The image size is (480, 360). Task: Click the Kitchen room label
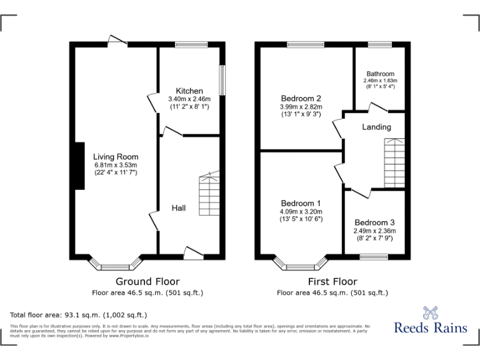coord(189,91)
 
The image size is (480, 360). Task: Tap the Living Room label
coord(116,157)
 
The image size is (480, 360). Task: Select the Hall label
coord(179,208)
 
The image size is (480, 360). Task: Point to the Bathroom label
coord(380,74)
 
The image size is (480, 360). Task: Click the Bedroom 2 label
coord(301,98)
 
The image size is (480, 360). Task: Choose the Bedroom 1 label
coord(301,204)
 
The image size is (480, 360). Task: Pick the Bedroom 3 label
coord(374,222)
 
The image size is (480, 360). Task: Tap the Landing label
coord(376,127)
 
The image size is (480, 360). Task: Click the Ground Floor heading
coord(147,281)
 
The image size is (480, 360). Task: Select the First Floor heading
coord(332,281)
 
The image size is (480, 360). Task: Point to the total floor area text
coord(79,315)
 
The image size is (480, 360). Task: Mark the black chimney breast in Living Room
coord(79,165)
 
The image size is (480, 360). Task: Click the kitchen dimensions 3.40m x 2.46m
coord(189,99)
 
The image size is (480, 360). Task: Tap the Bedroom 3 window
coord(374,256)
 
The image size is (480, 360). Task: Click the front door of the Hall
coord(193,254)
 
